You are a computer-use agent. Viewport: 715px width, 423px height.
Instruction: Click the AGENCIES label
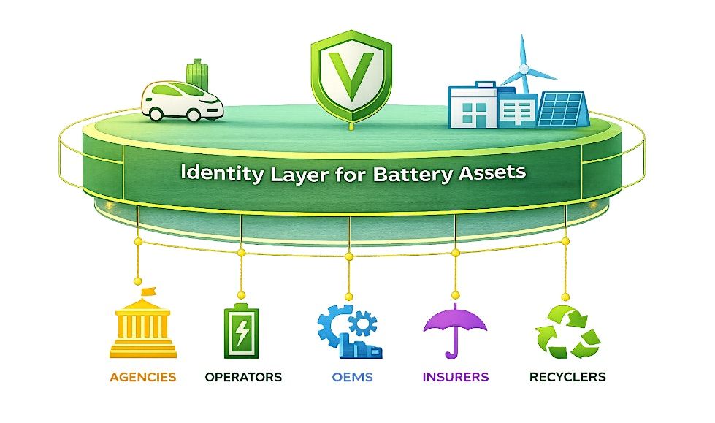[x=142, y=377]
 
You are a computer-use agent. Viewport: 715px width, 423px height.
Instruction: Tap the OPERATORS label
[x=243, y=377]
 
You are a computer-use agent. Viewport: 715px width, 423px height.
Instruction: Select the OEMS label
[x=352, y=377]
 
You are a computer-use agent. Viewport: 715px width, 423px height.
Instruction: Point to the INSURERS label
[x=456, y=377]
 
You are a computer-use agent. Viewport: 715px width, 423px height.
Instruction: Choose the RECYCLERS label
[x=567, y=377]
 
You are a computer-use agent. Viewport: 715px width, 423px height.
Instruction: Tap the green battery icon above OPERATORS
[x=241, y=330]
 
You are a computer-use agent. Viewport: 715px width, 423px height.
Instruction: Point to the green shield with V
[x=351, y=76]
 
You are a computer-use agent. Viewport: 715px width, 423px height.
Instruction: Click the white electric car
[x=182, y=102]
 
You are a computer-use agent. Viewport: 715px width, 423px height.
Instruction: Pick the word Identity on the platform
[x=222, y=173]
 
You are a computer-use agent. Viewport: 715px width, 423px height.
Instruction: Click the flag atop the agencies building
[x=148, y=291]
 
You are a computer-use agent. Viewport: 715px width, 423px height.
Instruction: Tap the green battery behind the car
[x=197, y=75]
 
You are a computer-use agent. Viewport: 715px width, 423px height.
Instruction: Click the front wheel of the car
[x=194, y=115]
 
